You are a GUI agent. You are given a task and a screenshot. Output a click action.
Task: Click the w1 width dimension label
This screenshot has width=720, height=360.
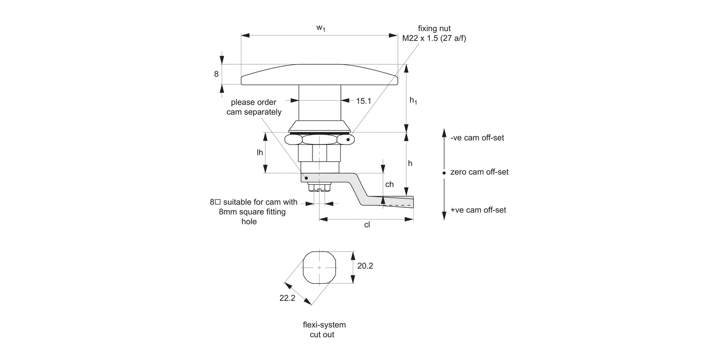click(x=321, y=28)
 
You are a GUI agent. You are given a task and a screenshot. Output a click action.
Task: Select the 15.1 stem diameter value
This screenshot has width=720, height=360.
click(x=363, y=101)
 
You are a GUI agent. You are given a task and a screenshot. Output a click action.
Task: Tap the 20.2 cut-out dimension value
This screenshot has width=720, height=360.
click(x=365, y=265)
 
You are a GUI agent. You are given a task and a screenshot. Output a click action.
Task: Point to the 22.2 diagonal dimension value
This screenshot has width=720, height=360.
click(x=287, y=298)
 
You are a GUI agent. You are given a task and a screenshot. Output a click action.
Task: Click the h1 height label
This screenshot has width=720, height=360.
click(x=413, y=100)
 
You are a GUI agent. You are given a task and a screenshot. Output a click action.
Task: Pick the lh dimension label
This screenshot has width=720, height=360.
click(x=260, y=152)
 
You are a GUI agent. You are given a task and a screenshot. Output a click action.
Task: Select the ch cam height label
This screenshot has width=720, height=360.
click(x=389, y=184)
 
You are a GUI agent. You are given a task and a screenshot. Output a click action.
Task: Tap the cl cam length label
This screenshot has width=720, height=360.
click(x=367, y=225)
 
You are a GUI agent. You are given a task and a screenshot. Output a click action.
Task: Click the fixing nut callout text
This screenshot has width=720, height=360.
click(x=434, y=34)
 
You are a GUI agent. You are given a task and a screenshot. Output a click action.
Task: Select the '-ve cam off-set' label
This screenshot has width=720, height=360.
click(x=477, y=138)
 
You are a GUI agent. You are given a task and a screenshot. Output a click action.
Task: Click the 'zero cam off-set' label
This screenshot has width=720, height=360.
click(x=479, y=172)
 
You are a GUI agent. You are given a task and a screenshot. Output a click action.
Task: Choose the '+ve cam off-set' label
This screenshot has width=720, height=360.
click(x=478, y=210)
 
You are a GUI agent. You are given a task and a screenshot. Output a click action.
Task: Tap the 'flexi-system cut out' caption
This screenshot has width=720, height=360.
click(x=324, y=329)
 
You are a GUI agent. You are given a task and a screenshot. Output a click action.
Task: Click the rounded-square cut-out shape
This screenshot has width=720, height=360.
click(x=320, y=267)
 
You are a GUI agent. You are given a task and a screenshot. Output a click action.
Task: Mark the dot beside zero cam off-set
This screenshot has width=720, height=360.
click(x=444, y=172)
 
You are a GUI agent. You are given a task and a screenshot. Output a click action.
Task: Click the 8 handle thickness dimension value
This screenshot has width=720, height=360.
click(x=216, y=74)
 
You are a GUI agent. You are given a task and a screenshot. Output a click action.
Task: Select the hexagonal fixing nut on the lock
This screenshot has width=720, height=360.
click(x=319, y=139)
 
